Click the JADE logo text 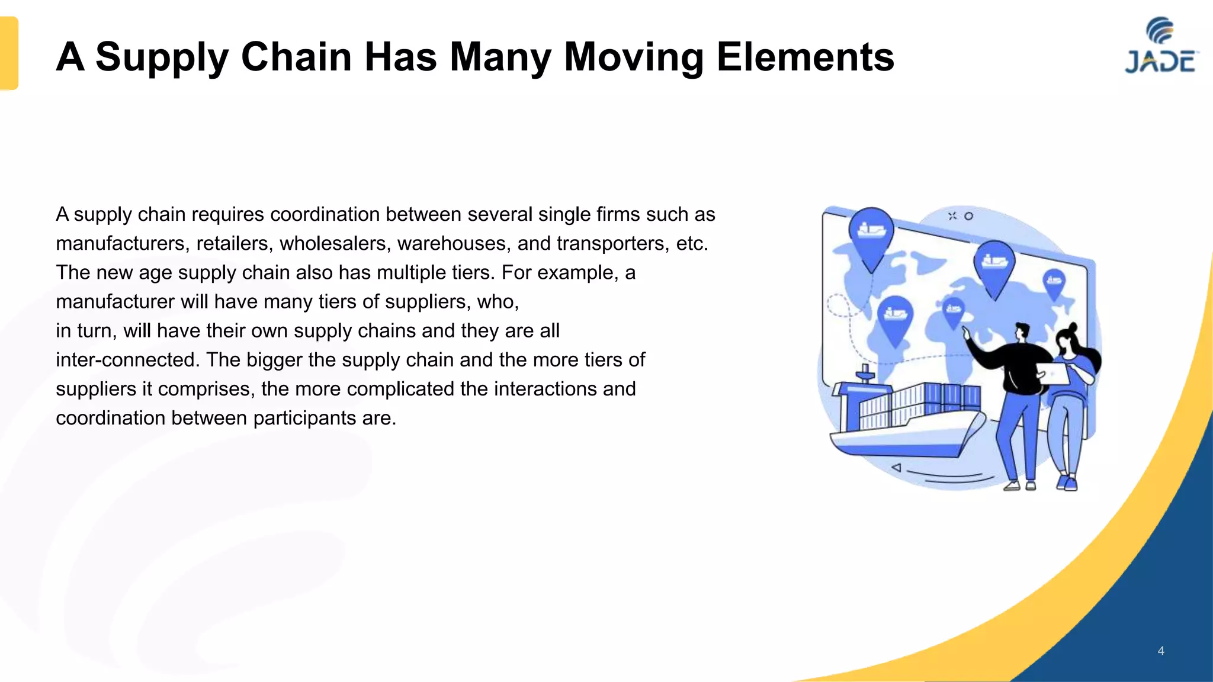pyautogui.click(x=1159, y=62)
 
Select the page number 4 pyautogui.click(x=1161, y=651)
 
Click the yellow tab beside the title pyautogui.click(x=9, y=53)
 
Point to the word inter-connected pyautogui.click(x=127, y=359)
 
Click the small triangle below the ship pyautogui.click(x=897, y=468)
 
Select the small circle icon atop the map pyautogui.click(x=968, y=216)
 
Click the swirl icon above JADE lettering pyautogui.click(x=1160, y=30)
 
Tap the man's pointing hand pyautogui.click(x=967, y=333)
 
